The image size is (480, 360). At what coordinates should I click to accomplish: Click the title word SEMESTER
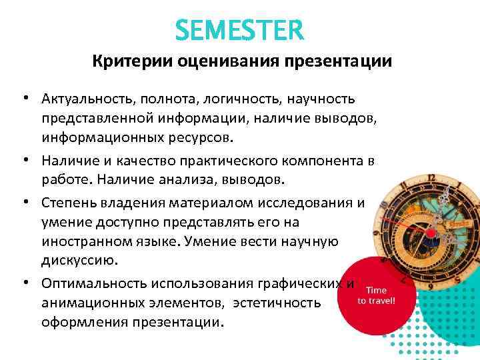click(239, 29)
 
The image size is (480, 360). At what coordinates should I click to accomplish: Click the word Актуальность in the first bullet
click(85, 99)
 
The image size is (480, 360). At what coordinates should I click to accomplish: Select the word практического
click(227, 161)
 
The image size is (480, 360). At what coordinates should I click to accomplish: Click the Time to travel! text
click(376, 295)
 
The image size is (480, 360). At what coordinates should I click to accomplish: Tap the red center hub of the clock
click(430, 233)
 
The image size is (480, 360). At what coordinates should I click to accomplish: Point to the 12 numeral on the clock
click(431, 179)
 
